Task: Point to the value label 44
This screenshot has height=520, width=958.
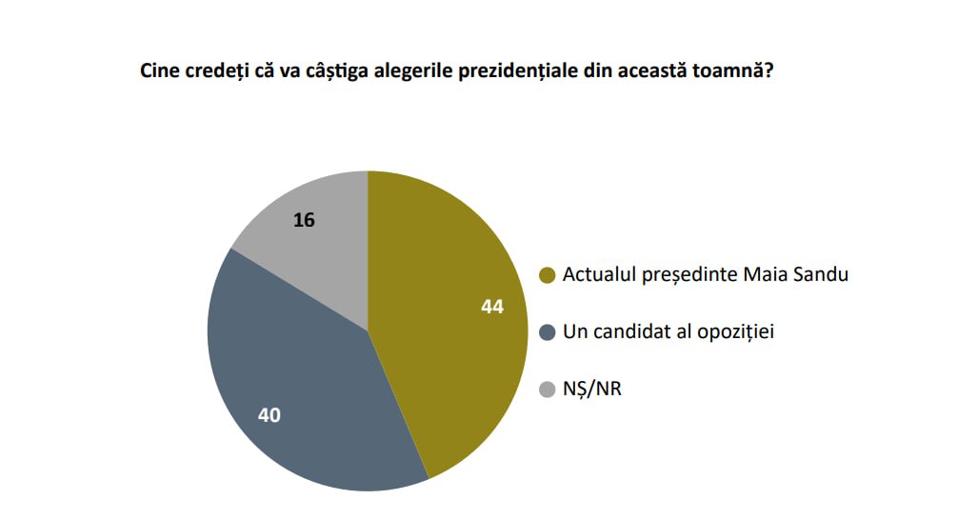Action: pos(491,308)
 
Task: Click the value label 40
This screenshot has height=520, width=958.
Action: pos(269,414)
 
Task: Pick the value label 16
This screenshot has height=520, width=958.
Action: pos(304,220)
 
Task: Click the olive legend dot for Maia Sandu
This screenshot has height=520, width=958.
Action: pos(547,276)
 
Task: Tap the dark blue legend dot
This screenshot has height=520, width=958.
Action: pos(547,332)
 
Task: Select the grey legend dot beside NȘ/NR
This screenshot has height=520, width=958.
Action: pos(547,389)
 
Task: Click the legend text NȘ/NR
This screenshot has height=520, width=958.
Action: pos(591,389)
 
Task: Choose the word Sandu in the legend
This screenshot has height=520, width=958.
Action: pos(822,275)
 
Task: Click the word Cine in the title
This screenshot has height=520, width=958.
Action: pos(159,71)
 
